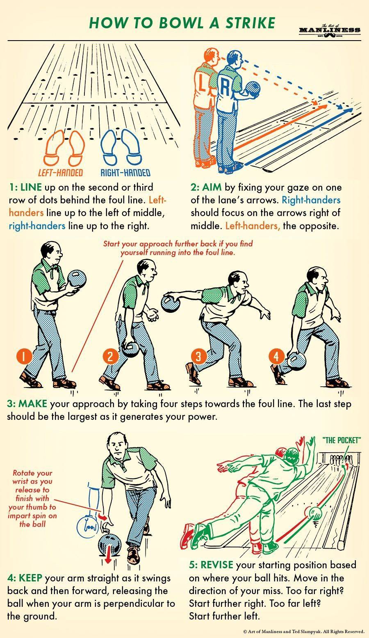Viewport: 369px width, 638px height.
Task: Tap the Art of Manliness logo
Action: pyautogui.click(x=330, y=30)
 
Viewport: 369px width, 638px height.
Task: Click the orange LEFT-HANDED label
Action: pyautogui.click(x=60, y=173)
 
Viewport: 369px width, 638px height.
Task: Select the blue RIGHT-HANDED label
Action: pyautogui.click(x=125, y=173)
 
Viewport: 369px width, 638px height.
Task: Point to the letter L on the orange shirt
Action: pyautogui.click(x=202, y=82)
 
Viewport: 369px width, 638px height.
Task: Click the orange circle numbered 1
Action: pyautogui.click(x=24, y=357)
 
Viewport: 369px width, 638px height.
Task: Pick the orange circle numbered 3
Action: pyautogui.click(x=198, y=356)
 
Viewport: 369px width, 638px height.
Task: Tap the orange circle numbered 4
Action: pyautogui.click(x=276, y=356)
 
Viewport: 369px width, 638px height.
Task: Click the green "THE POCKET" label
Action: pyautogui.click(x=342, y=440)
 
